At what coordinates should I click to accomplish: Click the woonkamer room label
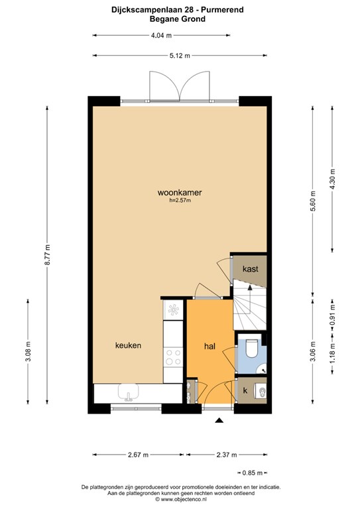[180, 192]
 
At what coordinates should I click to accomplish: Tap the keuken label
[128, 345]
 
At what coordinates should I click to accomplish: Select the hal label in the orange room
[210, 347]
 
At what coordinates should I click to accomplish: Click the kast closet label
[251, 269]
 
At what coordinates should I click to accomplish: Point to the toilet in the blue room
[252, 348]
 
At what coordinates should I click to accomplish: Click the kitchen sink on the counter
[129, 392]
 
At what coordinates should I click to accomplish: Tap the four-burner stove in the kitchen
[173, 357]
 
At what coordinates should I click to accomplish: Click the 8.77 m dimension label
[47, 254]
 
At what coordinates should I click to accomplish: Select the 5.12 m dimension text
[180, 56]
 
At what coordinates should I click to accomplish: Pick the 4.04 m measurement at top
[161, 35]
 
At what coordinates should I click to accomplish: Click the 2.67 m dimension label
[138, 455]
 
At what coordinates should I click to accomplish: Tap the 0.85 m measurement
[252, 473]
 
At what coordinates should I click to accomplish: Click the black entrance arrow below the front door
[219, 420]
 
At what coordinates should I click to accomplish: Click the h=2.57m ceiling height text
[180, 201]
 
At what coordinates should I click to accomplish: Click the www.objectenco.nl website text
[184, 499]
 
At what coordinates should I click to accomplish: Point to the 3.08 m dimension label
[28, 351]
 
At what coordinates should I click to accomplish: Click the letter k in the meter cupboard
[245, 390]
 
